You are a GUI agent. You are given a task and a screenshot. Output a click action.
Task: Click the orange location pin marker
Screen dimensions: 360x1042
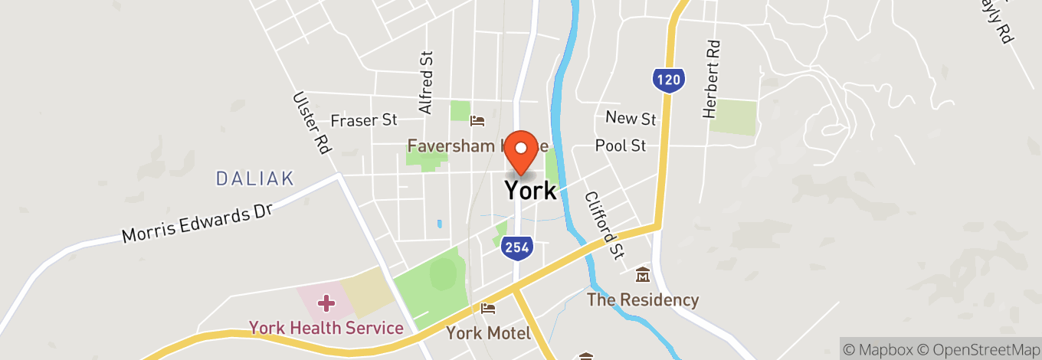(523, 150)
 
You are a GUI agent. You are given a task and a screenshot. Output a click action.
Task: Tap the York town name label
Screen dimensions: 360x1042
(530, 190)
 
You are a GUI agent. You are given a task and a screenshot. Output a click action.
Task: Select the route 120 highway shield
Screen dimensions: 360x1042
(669, 79)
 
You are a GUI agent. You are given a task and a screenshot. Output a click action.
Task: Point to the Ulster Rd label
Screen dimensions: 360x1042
(310, 123)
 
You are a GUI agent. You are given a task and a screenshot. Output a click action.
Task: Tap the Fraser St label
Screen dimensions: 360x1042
(364, 120)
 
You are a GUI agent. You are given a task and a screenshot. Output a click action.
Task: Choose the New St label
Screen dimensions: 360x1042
(631, 118)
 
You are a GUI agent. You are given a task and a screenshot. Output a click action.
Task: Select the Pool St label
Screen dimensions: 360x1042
(621, 145)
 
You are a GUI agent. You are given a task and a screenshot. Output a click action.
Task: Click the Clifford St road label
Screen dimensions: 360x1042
(603, 224)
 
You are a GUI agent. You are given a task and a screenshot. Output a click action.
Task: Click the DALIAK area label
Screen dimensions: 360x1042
(255, 178)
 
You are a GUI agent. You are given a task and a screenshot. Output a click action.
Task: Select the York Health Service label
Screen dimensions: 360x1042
(326, 329)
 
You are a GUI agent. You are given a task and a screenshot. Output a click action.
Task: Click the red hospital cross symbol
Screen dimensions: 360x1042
(326, 303)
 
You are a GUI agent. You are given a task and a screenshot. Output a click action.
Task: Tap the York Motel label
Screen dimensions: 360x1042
(489, 333)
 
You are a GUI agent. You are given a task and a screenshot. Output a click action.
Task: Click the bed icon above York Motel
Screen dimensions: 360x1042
(488, 309)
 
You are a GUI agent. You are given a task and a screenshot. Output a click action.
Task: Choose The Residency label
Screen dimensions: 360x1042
(643, 299)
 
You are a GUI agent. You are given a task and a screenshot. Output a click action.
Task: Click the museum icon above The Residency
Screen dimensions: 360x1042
(642, 274)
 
